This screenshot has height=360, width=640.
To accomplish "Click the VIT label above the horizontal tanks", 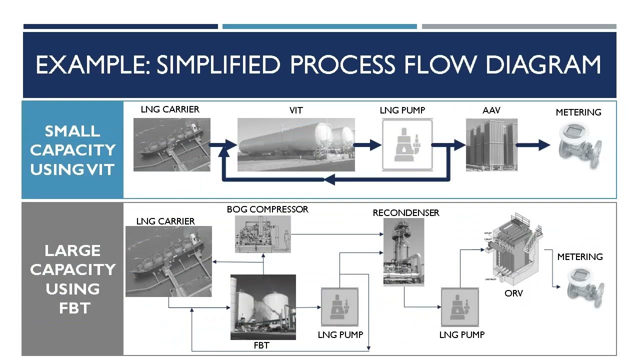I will click(296, 110).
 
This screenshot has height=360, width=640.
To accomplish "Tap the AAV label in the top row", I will click(491, 110).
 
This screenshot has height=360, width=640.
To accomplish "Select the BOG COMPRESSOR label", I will click(267, 209).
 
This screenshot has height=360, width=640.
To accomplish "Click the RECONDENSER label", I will click(406, 213).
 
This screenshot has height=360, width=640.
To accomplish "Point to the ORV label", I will click(513, 293).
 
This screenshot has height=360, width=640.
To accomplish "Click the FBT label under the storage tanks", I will click(261, 345).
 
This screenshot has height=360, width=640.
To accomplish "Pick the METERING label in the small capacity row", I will click(578, 112).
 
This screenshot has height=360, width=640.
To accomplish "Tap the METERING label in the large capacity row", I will click(580, 257).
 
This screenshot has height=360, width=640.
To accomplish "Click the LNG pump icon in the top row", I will click(407, 145).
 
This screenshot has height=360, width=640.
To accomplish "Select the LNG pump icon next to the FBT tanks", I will click(339, 306).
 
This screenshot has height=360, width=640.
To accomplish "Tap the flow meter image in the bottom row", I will click(585, 284).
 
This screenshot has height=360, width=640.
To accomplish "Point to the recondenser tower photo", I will click(403, 252).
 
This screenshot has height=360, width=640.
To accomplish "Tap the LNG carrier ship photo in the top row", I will click(171, 144).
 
